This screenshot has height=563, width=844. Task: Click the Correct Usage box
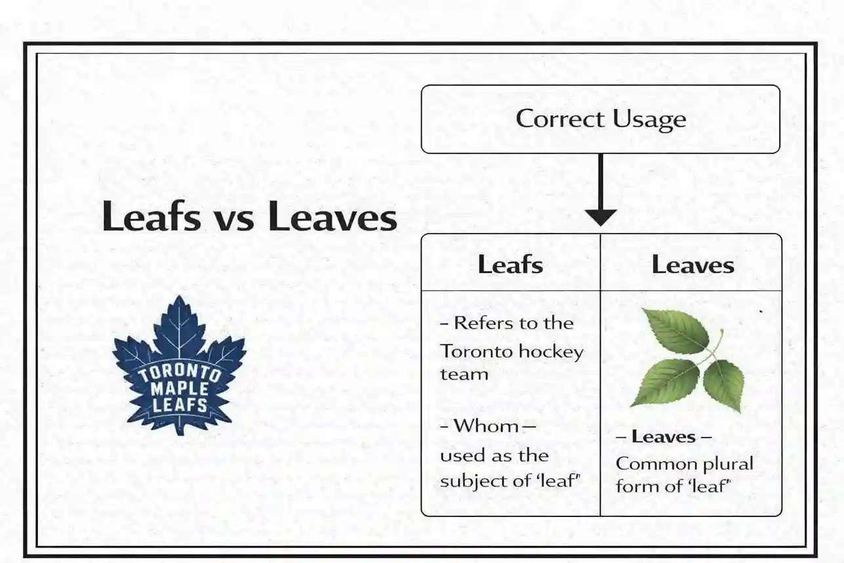click(x=600, y=119)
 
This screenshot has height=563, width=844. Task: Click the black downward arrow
click(x=600, y=190)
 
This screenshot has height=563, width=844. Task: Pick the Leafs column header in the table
click(x=510, y=264)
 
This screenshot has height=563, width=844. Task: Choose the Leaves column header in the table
click(x=693, y=264)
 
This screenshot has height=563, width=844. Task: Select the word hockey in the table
click(x=551, y=351)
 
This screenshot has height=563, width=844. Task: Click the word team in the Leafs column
click(x=464, y=375)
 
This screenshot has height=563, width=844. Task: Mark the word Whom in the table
click(x=486, y=426)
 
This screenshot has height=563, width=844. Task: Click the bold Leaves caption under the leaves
click(x=663, y=437)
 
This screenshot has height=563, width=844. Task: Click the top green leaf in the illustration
click(x=675, y=331)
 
